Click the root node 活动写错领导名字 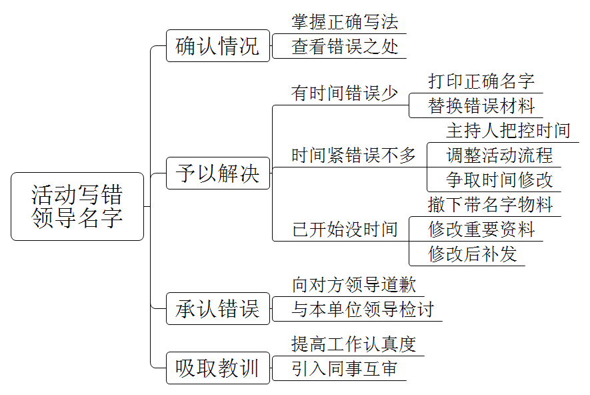(x=77, y=207)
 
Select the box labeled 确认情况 (x=218, y=46)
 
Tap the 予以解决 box (x=218, y=173)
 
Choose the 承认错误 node (x=218, y=309)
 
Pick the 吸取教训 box (x=218, y=368)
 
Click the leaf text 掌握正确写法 (x=345, y=22)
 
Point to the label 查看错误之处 (x=345, y=47)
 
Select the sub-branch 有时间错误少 (x=345, y=93)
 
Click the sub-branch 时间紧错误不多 (x=354, y=155)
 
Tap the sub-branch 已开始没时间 (x=345, y=230)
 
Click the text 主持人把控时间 (x=508, y=130)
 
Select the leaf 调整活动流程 (x=499, y=155)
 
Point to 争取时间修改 (x=499, y=179)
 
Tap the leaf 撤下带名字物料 (x=490, y=204)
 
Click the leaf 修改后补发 (x=472, y=254)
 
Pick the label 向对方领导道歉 (x=354, y=285)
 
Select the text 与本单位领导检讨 (x=363, y=310)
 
